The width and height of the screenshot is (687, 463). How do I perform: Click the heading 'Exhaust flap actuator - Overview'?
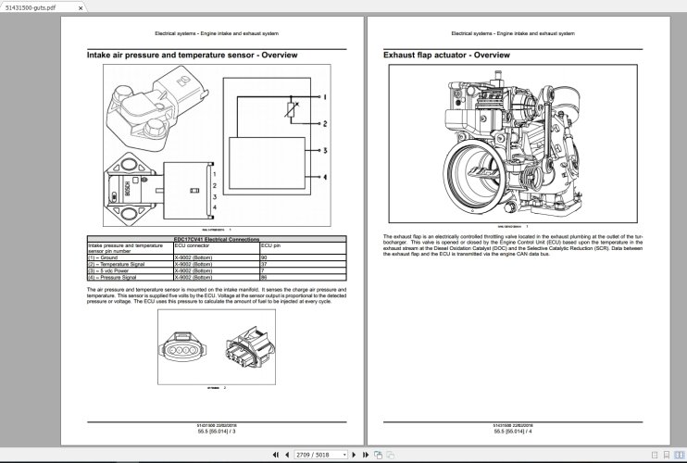coord(446,56)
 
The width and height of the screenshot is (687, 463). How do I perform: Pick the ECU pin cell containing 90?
coord(264,257)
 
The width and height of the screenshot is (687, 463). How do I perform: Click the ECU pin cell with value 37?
coord(264,263)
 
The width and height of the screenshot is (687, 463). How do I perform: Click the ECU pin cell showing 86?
coord(264,276)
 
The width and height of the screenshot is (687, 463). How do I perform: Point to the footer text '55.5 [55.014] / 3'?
coord(217,432)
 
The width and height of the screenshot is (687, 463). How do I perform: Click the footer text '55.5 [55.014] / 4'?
coord(512,432)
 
